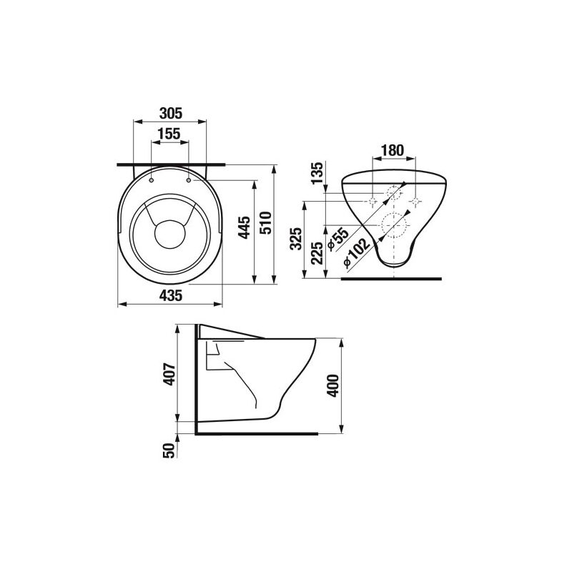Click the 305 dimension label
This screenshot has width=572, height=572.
170,114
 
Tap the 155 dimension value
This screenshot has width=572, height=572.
169,134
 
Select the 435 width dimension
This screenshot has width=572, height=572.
170,295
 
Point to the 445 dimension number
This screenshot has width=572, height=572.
244,227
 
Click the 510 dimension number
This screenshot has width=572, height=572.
265,223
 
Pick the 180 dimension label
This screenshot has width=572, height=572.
393,150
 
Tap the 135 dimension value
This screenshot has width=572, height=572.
317,173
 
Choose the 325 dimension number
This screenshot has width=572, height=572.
296,239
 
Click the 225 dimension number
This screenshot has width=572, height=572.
317,253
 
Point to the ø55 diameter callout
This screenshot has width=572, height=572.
337,239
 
